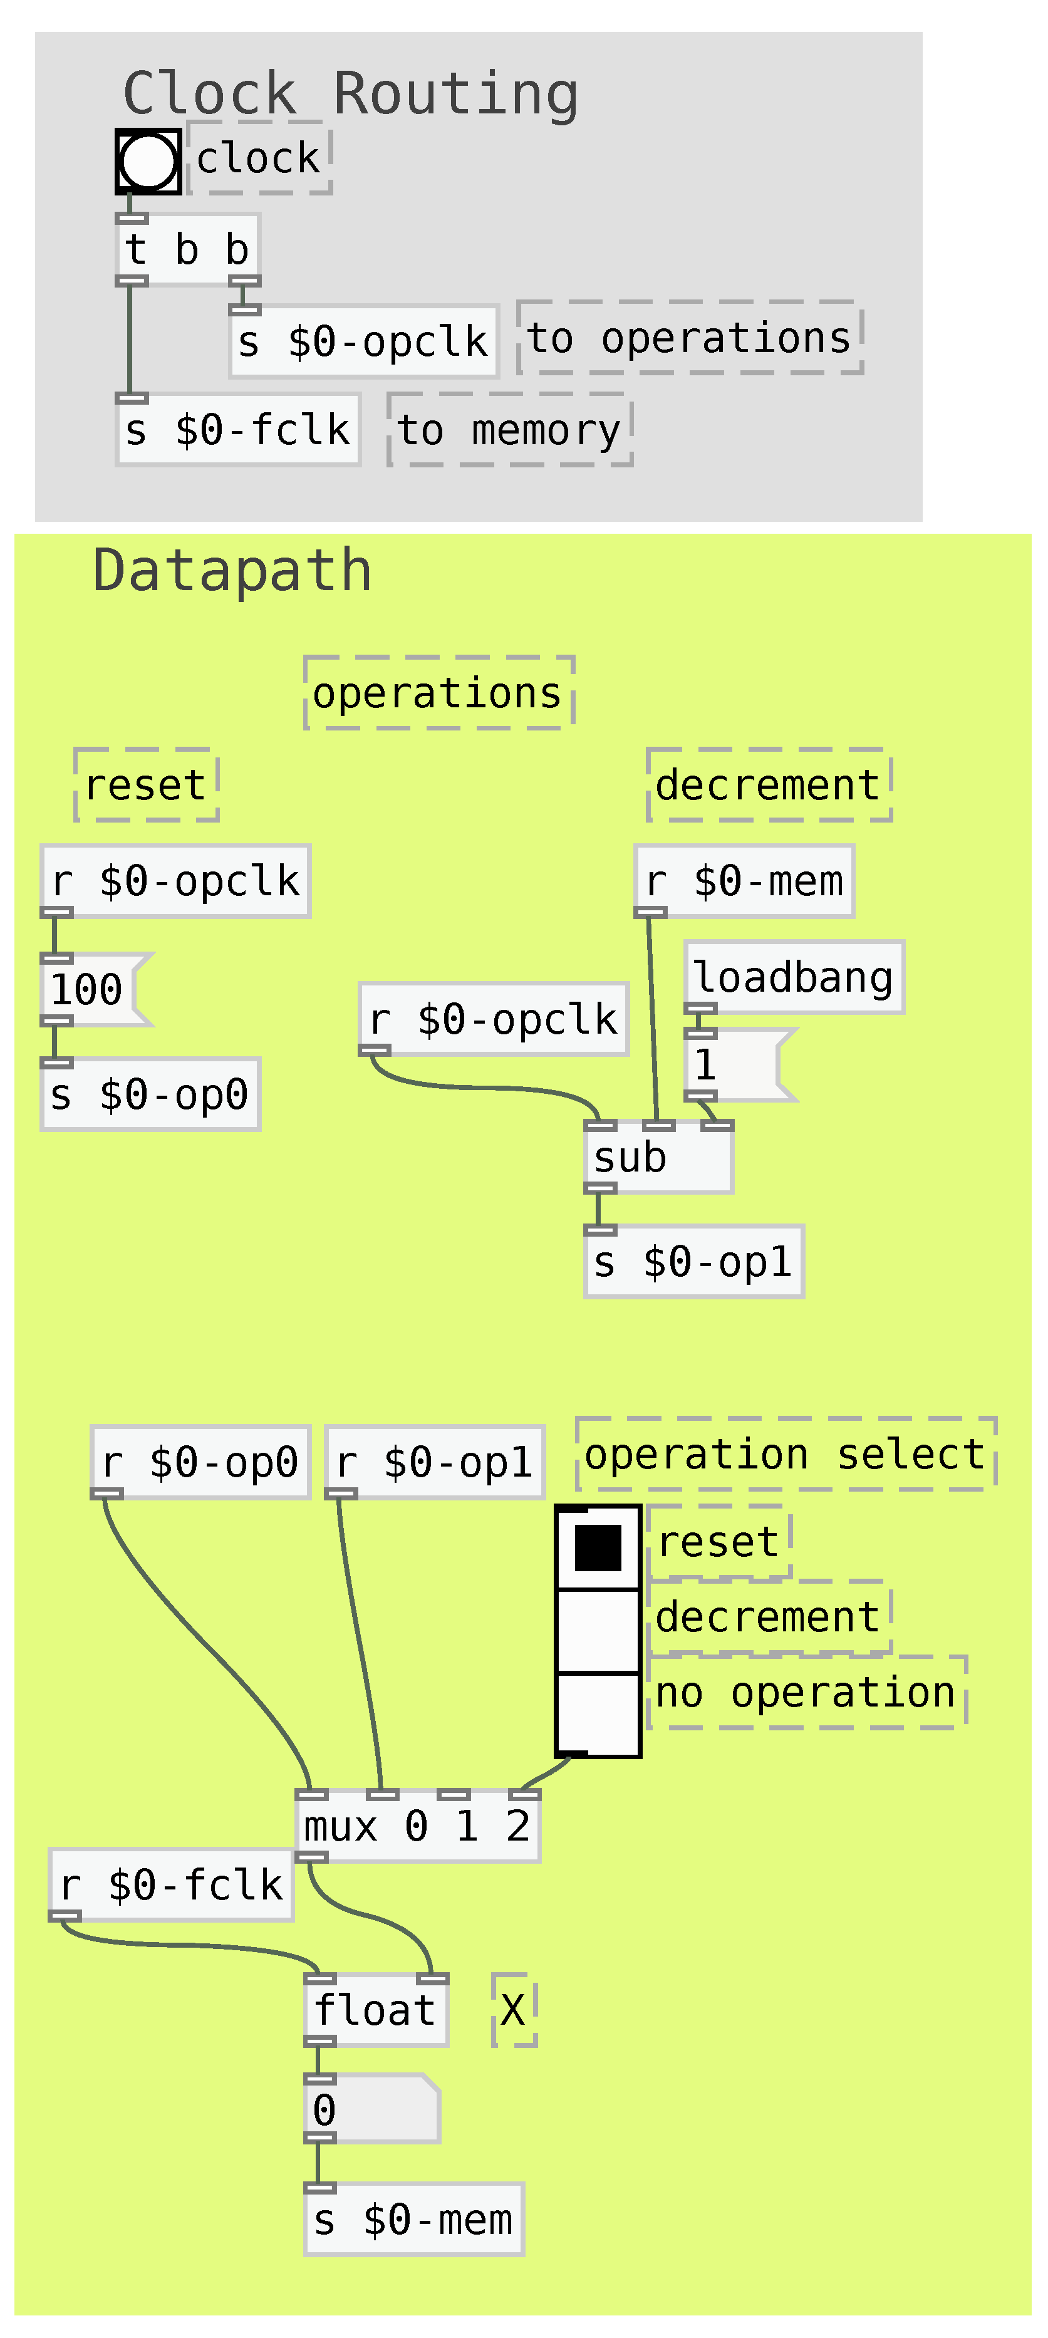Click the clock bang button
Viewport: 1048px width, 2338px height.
(148, 162)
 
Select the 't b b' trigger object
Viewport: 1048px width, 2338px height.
(188, 249)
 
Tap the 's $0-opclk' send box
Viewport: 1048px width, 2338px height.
(363, 342)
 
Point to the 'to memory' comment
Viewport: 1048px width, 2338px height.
(509, 430)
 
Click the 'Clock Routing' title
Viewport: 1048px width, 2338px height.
(350, 93)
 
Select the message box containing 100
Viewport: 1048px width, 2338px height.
(91, 989)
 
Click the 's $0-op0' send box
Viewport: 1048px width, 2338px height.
(150, 1094)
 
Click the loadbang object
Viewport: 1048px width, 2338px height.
(794, 977)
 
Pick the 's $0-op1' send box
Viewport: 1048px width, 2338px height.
(693, 1262)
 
